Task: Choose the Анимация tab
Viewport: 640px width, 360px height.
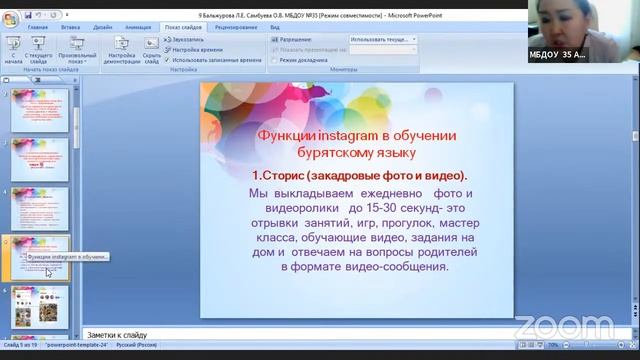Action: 136,28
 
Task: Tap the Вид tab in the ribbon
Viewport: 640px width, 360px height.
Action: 274,28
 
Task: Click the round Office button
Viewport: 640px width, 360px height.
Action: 12,17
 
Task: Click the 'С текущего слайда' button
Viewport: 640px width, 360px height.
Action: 41,50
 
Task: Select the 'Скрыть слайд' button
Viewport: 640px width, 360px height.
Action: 151,50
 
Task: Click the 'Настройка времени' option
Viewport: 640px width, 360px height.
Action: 195,49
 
